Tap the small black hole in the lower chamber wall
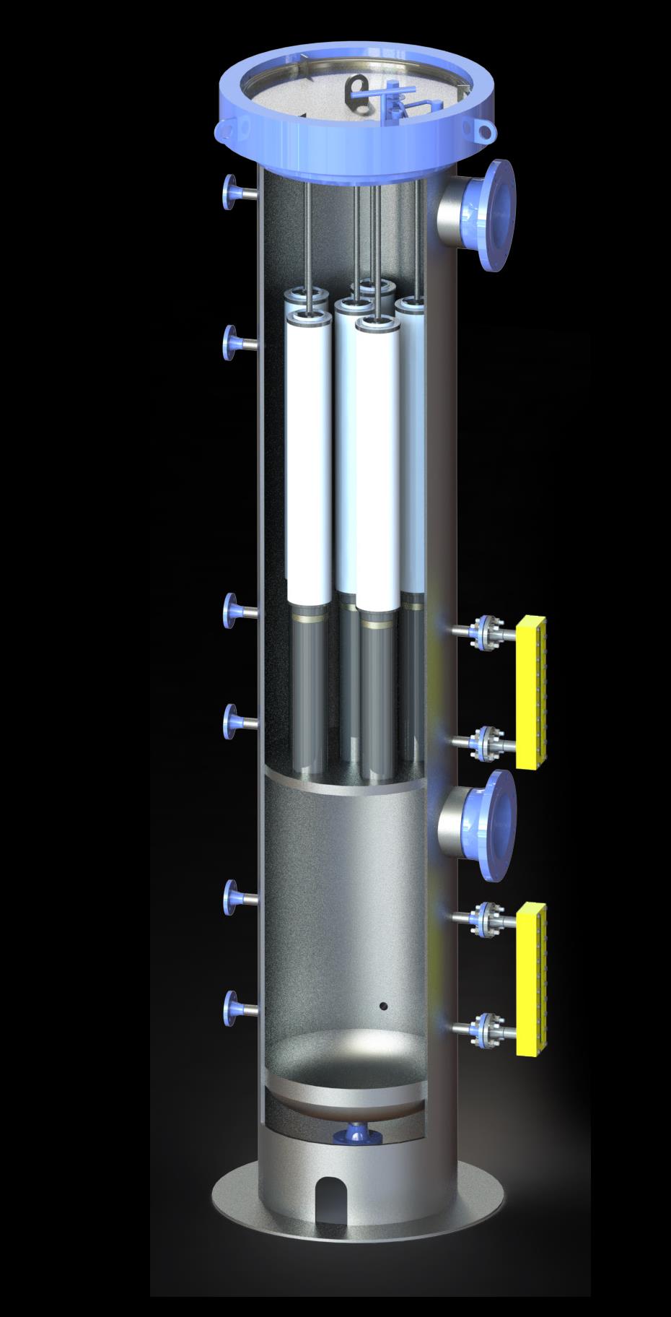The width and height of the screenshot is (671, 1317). coord(383,1006)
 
